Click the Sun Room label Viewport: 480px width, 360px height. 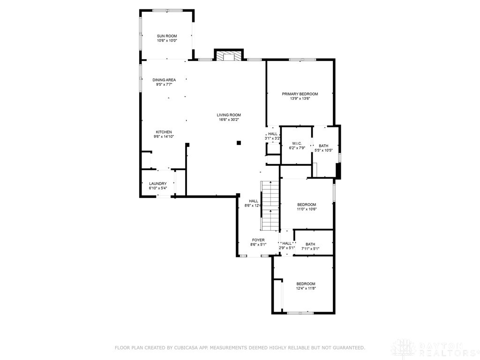pyautogui.click(x=166, y=36)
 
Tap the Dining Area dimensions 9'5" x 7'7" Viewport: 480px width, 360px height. pyautogui.click(x=164, y=85)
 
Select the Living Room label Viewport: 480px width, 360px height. pyautogui.click(x=229, y=115)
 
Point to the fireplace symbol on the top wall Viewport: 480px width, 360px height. pyautogui.click(x=229, y=56)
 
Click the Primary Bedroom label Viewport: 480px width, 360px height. pyautogui.click(x=300, y=94)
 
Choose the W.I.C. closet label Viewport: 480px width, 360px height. pyautogui.click(x=296, y=143)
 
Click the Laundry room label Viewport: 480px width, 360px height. pyautogui.click(x=157, y=184)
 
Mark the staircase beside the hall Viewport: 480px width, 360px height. pyautogui.click(x=270, y=205)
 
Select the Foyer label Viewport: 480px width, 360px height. pyautogui.click(x=258, y=240)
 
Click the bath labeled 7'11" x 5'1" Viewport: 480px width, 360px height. pyautogui.click(x=310, y=246)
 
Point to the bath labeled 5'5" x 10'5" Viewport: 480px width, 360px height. pyautogui.click(x=323, y=148)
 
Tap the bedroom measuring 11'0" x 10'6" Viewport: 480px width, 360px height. pyautogui.click(x=307, y=207)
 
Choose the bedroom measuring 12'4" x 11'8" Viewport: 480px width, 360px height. pyautogui.click(x=306, y=286)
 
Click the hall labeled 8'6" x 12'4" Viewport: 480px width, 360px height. pyautogui.click(x=253, y=203)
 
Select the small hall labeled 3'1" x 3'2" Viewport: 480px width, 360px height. pyautogui.click(x=272, y=136)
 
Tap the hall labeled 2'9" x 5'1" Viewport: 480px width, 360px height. pyautogui.click(x=286, y=245)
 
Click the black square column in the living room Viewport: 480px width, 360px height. pyautogui.click(x=239, y=143)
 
